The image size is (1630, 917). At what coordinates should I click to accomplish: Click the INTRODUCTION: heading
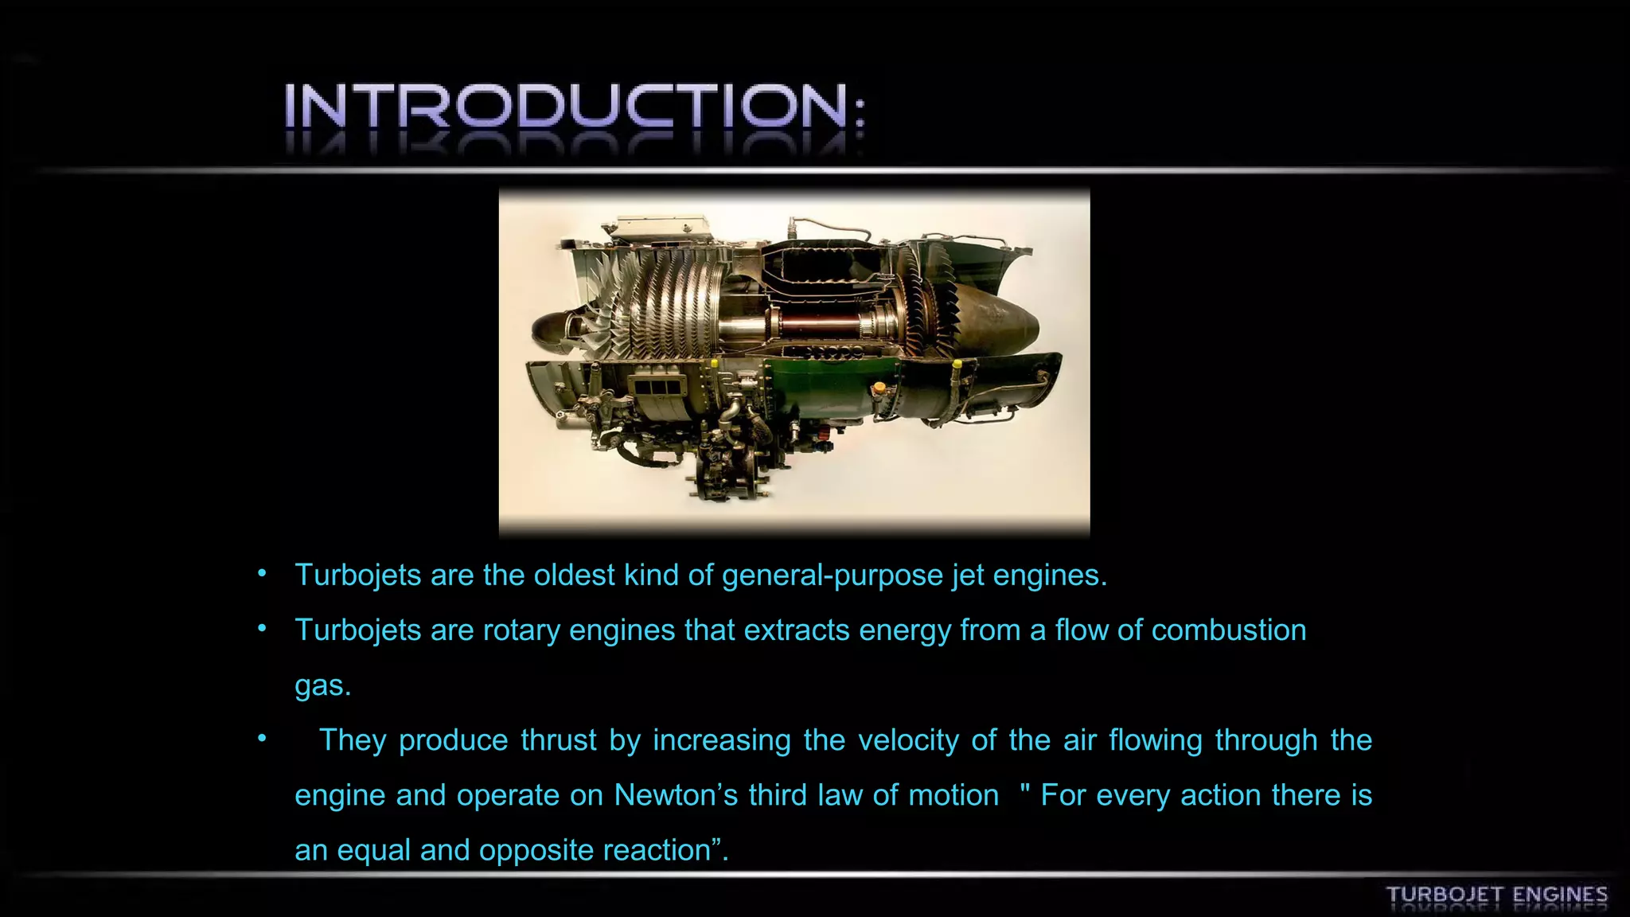pos(573,107)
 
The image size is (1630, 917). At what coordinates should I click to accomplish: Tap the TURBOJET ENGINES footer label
pos(1496,895)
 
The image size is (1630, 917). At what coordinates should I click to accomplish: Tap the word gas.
pos(322,686)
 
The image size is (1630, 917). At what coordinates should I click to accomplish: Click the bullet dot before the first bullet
pos(262,574)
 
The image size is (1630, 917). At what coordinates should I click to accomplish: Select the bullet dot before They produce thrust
pos(262,739)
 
